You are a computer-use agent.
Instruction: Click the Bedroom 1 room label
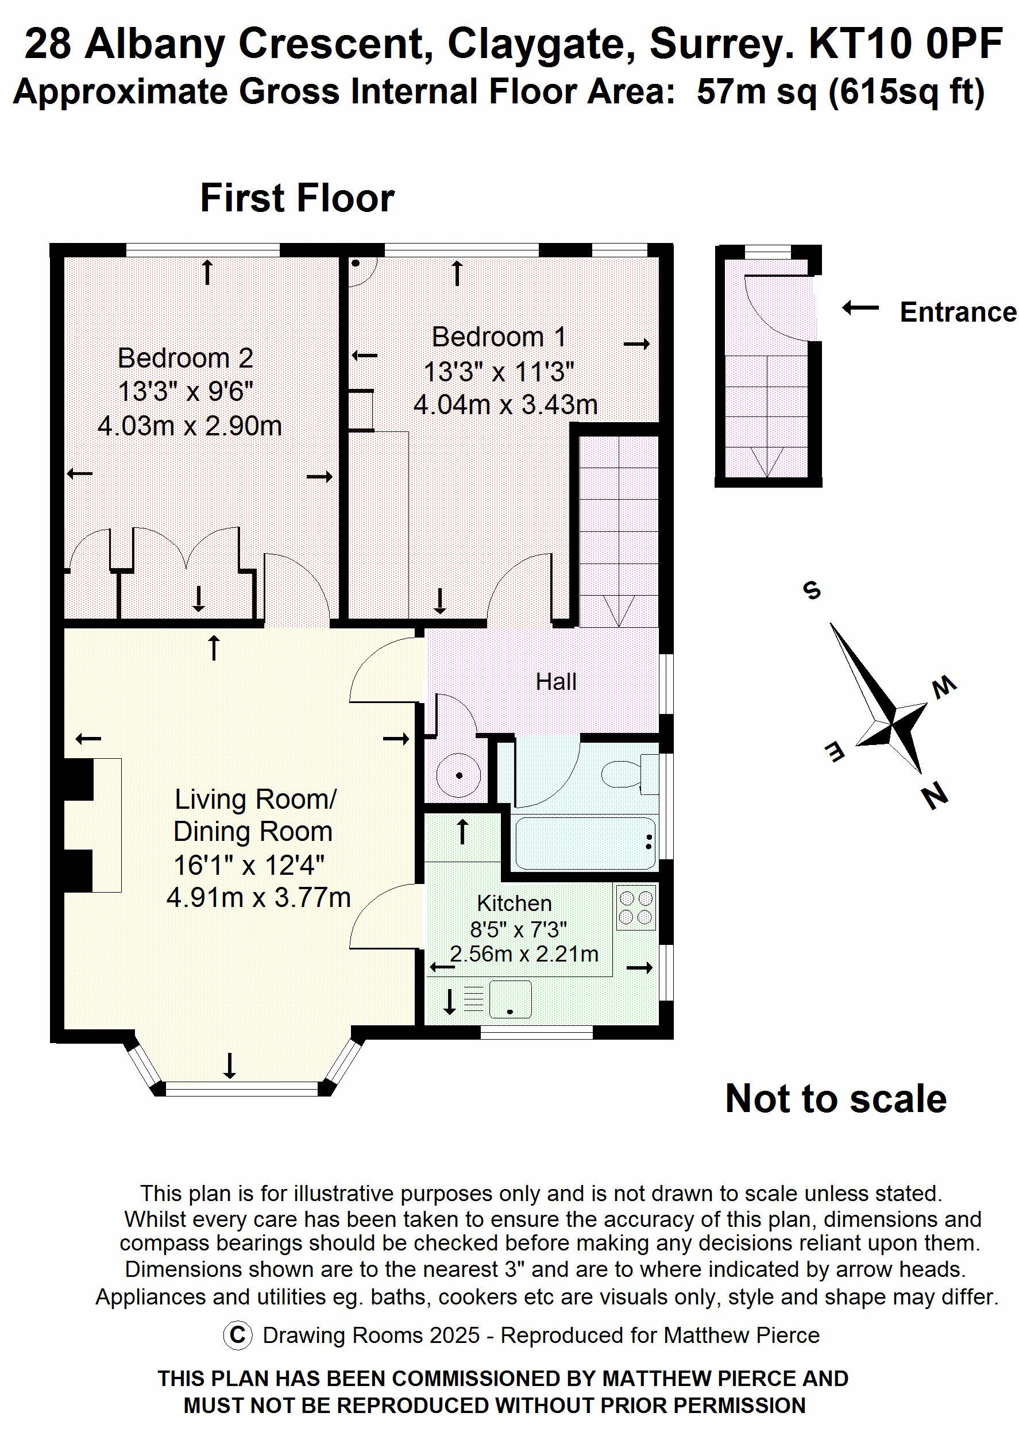(x=499, y=338)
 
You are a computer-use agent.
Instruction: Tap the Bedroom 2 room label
(x=185, y=359)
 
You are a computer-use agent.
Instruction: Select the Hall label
(x=556, y=682)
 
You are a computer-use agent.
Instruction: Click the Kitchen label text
(x=515, y=904)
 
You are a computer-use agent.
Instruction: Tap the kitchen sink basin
(x=510, y=999)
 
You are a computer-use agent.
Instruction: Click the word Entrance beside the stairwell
(x=958, y=312)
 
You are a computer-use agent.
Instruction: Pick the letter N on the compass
(x=935, y=797)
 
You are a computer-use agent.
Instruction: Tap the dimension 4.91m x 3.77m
(x=258, y=898)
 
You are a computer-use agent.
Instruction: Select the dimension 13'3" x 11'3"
(x=499, y=372)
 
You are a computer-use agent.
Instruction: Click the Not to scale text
(x=836, y=1099)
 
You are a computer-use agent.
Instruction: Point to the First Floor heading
(x=297, y=198)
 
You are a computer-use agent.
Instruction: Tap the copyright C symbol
(x=237, y=1335)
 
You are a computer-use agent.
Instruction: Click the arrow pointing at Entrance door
(x=860, y=308)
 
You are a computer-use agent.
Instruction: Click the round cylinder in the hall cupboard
(x=460, y=776)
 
